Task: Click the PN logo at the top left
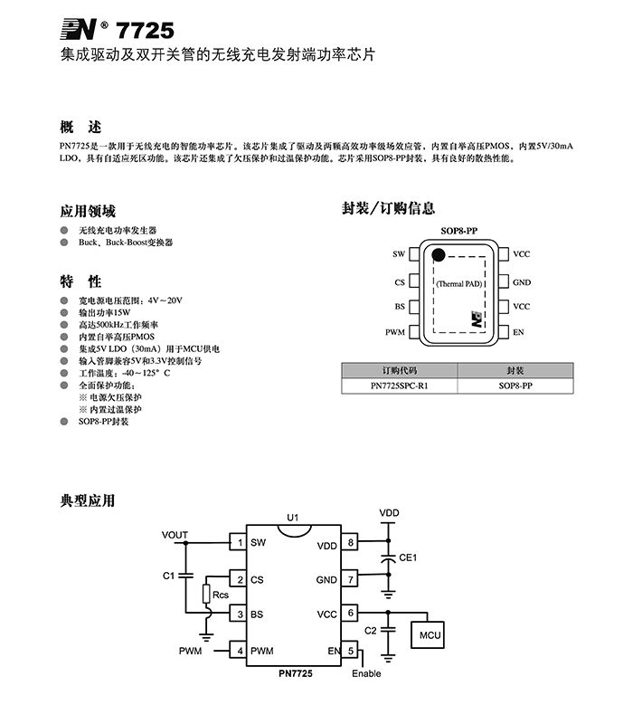click(x=79, y=30)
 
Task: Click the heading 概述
click(x=80, y=128)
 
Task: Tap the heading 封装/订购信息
click(x=388, y=208)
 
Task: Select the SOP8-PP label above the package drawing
click(x=458, y=231)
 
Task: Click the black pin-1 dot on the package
click(x=439, y=255)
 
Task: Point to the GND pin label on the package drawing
click(x=522, y=282)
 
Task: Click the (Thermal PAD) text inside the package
click(x=459, y=283)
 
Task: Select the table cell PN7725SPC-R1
click(x=400, y=386)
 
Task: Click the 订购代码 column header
click(x=400, y=370)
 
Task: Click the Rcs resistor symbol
click(x=207, y=594)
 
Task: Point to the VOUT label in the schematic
click(x=175, y=535)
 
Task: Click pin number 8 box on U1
click(x=350, y=542)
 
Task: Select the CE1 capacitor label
click(x=408, y=557)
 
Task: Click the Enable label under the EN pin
click(x=366, y=673)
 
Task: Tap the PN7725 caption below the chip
click(x=295, y=673)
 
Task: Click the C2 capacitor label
click(x=371, y=631)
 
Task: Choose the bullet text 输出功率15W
click(x=105, y=312)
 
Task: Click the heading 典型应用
click(x=88, y=500)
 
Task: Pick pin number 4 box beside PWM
click(x=238, y=650)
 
